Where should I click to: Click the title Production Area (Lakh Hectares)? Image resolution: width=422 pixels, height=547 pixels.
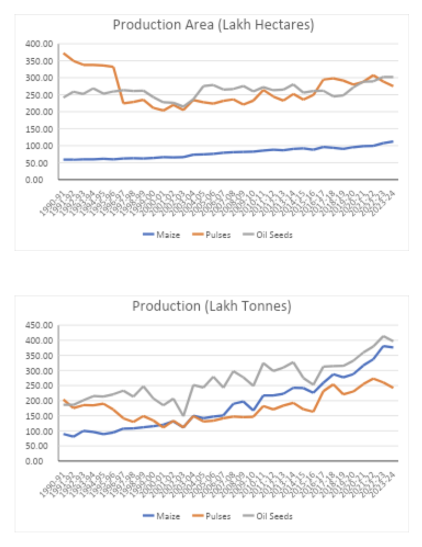pyautogui.click(x=213, y=26)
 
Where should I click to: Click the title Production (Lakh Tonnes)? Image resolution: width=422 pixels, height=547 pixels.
pyautogui.click(x=211, y=306)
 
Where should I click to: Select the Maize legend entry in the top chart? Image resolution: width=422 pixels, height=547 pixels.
pyautogui.click(x=162, y=235)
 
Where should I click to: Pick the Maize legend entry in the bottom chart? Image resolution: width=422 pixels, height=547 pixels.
pyautogui.click(x=162, y=516)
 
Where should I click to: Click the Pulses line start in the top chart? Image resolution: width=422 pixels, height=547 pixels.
pyautogui.click(x=64, y=53)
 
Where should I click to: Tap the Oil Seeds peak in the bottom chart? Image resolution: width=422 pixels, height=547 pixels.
pyautogui.click(x=383, y=336)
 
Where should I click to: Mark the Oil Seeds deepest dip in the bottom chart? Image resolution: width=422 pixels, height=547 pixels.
pyautogui.click(x=184, y=415)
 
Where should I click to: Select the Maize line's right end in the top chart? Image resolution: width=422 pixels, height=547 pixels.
pyautogui.click(x=392, y=141)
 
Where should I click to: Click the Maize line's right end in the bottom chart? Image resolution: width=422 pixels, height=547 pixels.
pyautogui.click(x=392, y=347)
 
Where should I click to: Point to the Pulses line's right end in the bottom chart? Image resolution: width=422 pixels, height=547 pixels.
pyautogui.click(x=392, y=387)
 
